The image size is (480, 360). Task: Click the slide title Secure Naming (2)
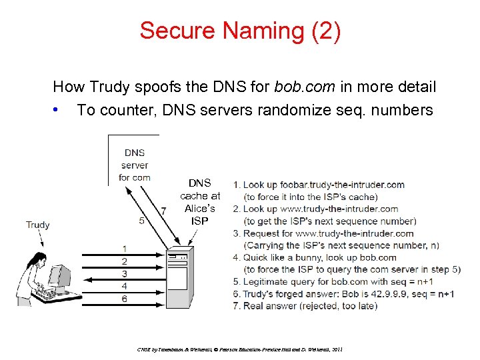240,31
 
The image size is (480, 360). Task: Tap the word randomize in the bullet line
290,109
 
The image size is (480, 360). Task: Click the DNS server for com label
135,165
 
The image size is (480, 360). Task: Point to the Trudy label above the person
38,225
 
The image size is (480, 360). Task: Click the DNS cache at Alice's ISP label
199,201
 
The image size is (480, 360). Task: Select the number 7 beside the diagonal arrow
163,211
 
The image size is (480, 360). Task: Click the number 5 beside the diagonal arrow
141,221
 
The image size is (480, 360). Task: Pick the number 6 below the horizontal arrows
125,299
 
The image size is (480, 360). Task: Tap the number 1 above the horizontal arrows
125,249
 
